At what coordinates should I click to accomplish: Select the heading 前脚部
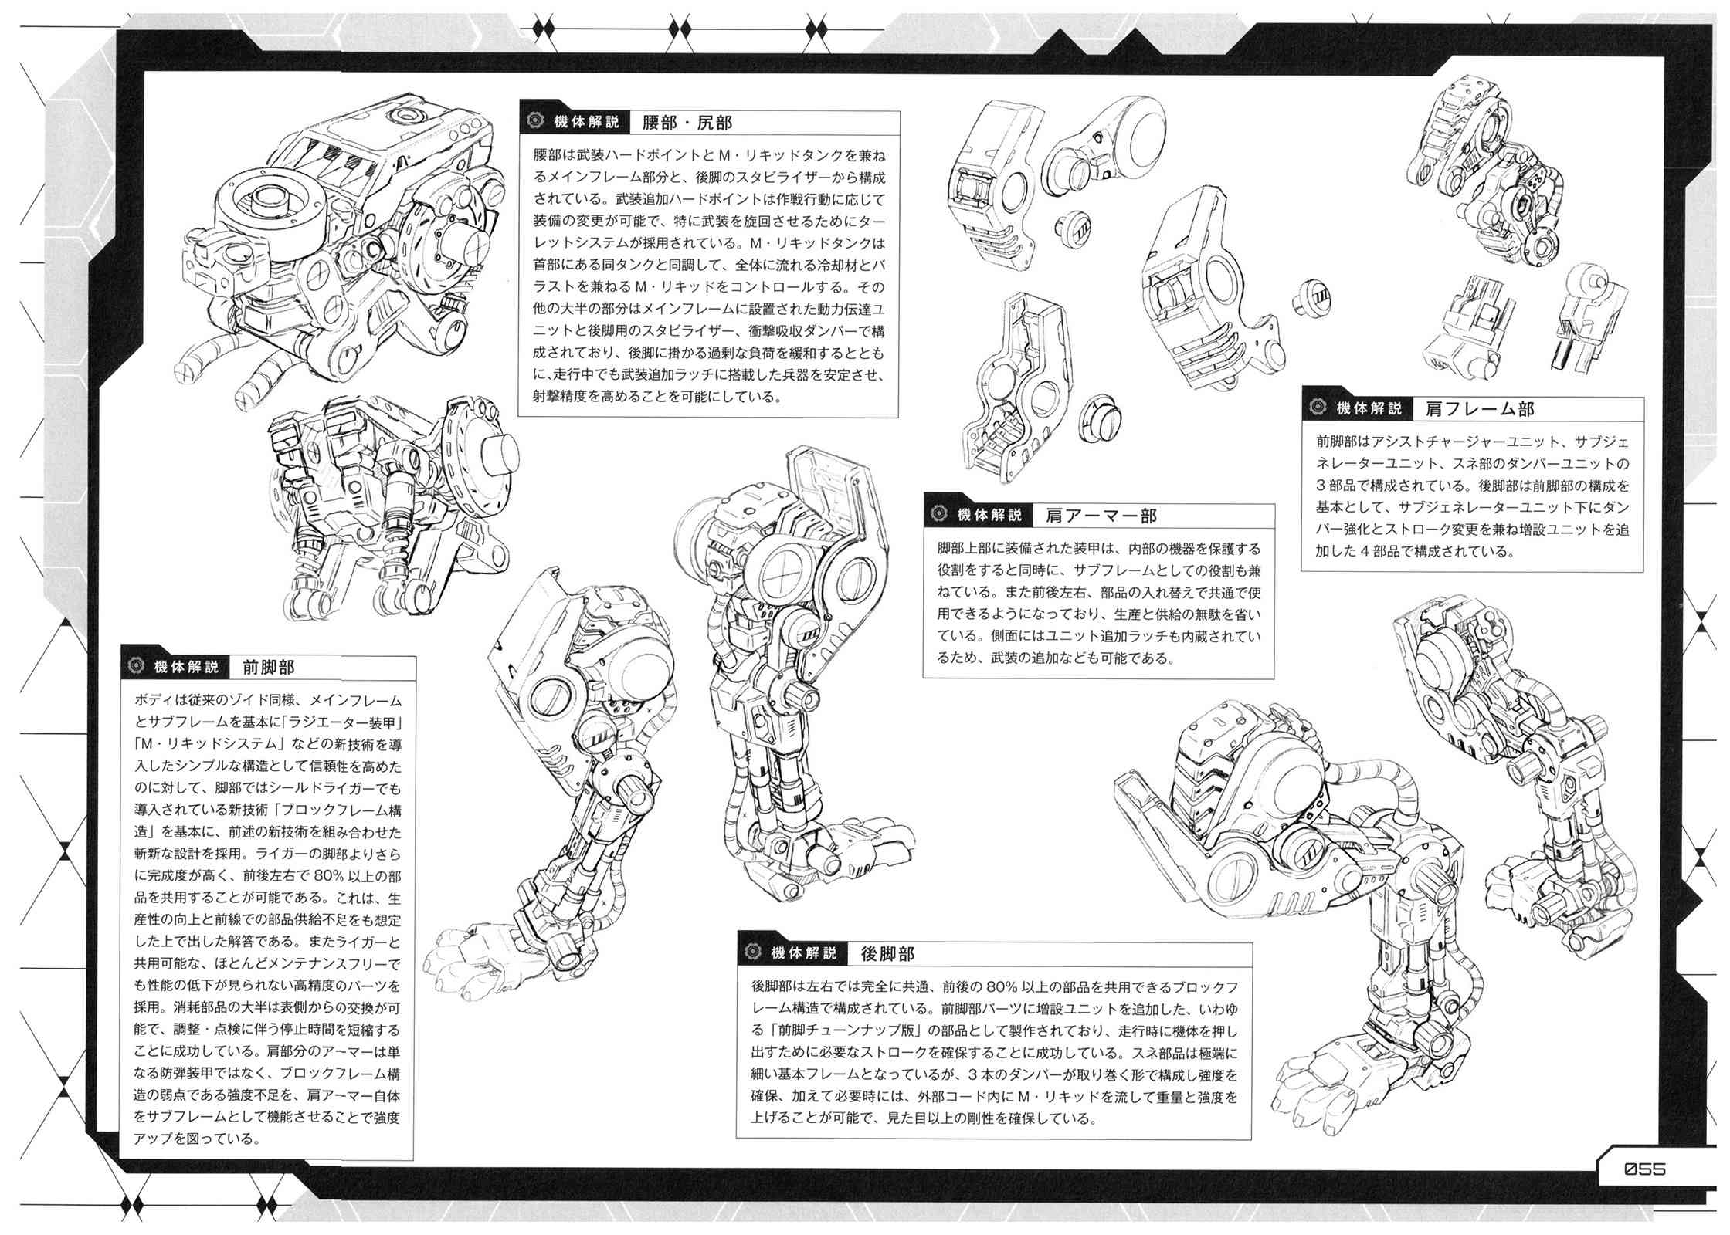click(268, 667)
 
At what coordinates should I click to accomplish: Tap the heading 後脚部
click(888, 953)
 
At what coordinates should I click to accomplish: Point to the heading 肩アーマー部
click(1101, 515)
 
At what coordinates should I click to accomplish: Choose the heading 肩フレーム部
click(1480, 409)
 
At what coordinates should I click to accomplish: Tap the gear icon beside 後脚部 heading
click(751, 953)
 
